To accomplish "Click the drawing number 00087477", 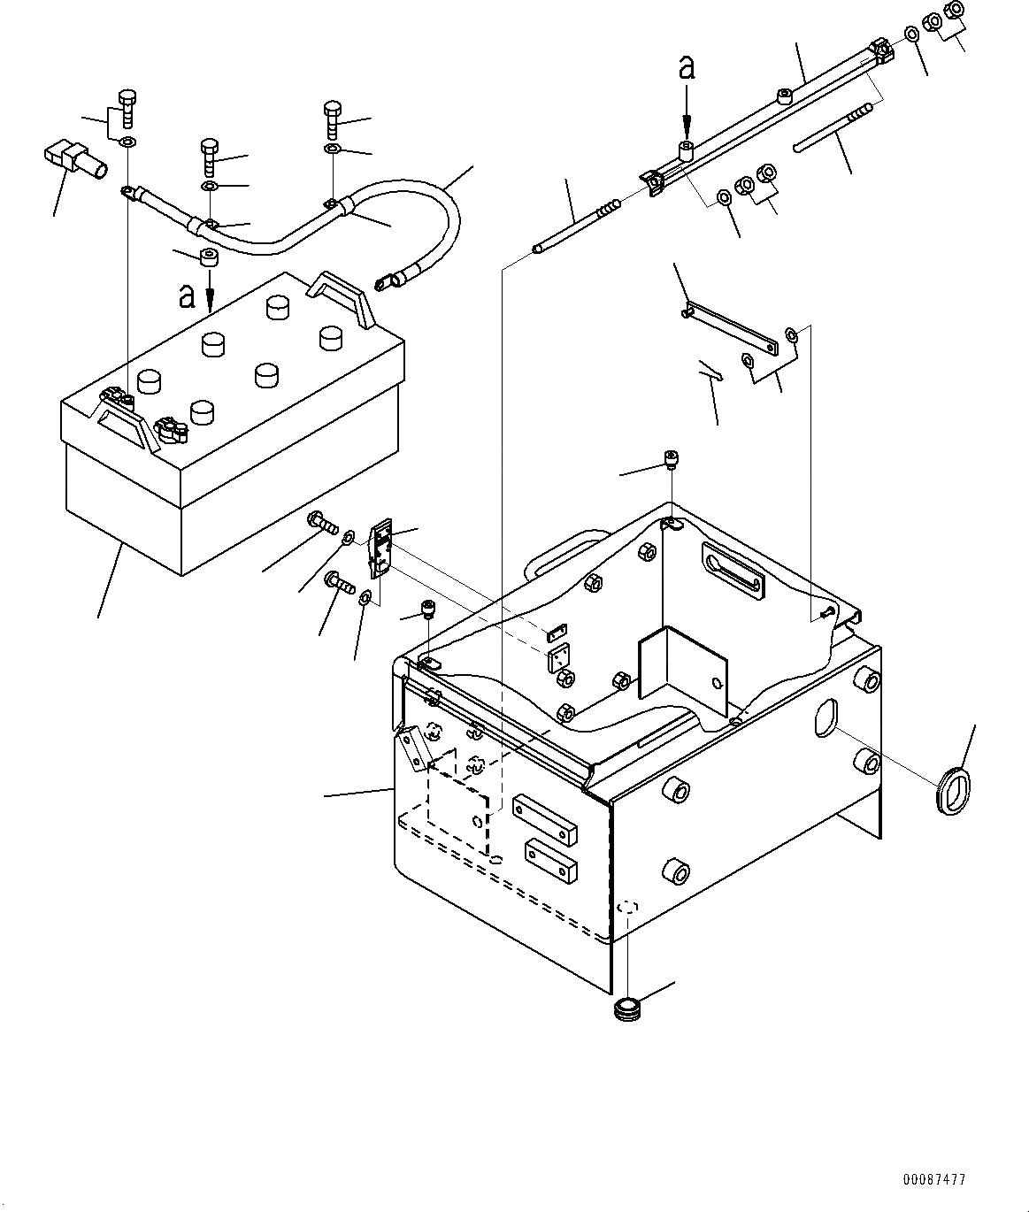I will click(934, 1180).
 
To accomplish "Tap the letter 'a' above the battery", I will click(187, 295).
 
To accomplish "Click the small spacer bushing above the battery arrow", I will click(210, 258).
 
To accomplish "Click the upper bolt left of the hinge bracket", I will click(323, 523).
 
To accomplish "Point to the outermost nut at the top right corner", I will click(955, 12).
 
